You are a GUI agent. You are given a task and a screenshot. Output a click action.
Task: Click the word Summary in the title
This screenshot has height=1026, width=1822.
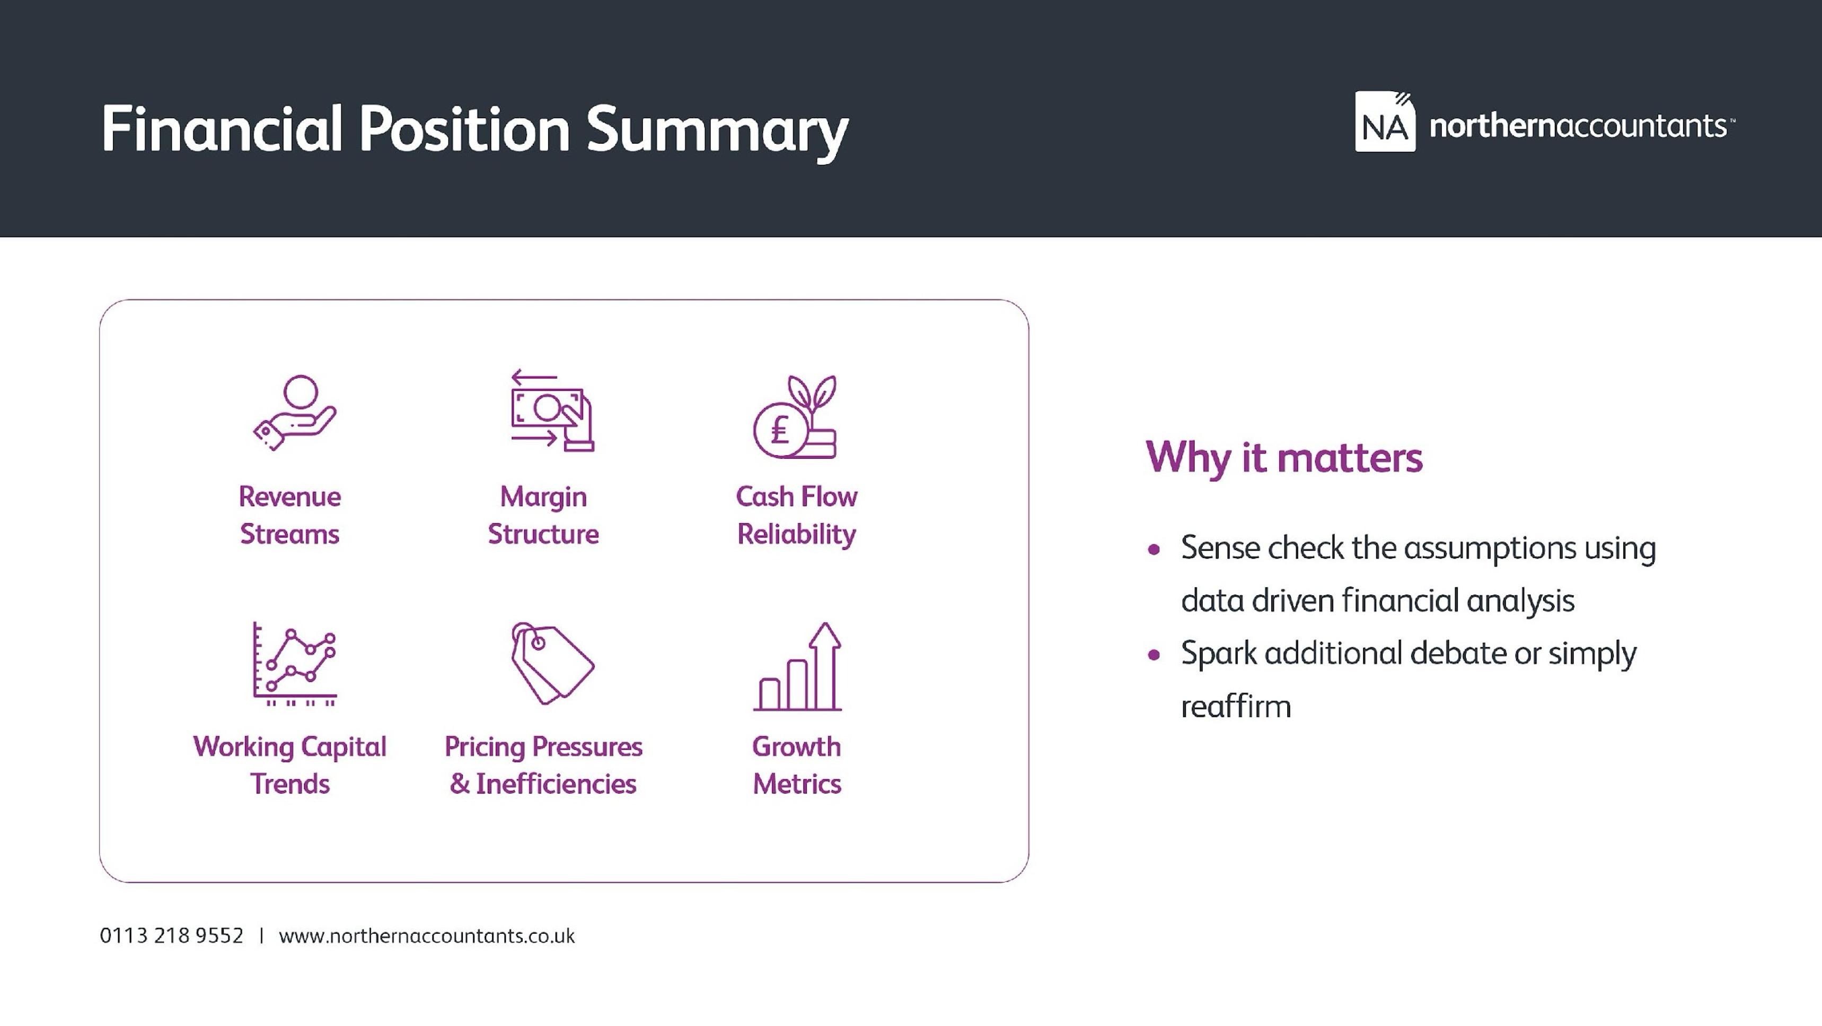[x=717, y=132]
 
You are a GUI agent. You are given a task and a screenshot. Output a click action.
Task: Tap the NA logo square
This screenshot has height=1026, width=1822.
[x=1385, y=121]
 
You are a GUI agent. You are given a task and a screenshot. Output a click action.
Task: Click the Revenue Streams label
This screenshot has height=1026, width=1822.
[x=290, y=515]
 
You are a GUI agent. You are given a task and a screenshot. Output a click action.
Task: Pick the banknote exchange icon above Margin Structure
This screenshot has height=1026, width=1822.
[x=552, y=411]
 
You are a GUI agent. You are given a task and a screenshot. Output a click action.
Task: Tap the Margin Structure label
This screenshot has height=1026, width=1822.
[x=543, y=515]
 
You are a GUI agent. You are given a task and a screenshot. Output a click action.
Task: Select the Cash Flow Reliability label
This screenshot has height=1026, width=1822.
[x=796, y=515]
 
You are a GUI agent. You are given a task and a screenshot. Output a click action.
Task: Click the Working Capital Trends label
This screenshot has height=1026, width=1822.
[x=290, y=766]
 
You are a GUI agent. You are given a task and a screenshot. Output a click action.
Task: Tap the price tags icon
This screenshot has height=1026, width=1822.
[x=552, y=664]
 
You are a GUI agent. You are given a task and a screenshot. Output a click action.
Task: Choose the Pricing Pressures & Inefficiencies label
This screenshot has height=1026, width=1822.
[x=543, y=766]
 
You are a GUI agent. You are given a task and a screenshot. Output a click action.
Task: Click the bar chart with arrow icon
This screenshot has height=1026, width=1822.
[x=798, y=666]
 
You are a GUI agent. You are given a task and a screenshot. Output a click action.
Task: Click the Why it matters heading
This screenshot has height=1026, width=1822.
[x=1284, y=458]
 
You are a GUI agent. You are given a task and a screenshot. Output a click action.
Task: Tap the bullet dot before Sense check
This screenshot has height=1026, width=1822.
[x=1154, y=550]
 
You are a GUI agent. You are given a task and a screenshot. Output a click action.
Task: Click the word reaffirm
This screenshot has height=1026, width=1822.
[x=1236, y=706]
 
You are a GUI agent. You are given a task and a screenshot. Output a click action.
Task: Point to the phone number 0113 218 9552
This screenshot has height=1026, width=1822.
[x=171, y=936]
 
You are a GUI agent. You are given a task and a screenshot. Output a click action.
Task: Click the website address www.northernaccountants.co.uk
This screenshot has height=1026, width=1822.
[x=427, y=936]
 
